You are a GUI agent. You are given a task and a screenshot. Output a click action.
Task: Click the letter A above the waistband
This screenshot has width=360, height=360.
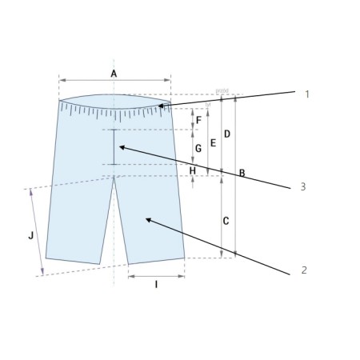click(x=114, y=73)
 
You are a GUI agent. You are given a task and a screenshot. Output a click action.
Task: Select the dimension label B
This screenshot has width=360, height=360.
click(x=242, y=173)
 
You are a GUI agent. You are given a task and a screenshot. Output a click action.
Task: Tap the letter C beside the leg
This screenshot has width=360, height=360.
click(x=226, y=220)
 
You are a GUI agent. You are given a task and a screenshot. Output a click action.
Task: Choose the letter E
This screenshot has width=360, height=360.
click(x=212, y=143)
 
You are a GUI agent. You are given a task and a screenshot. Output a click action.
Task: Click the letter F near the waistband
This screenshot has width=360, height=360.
click(x=198, y=121)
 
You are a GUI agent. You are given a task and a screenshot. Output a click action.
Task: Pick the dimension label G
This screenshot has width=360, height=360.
click(x=198, y=148)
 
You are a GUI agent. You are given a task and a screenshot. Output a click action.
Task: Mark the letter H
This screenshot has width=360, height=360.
click(x=192, y=170)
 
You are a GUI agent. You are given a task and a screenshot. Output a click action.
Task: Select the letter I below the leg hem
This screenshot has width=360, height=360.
click(x=155, y=284)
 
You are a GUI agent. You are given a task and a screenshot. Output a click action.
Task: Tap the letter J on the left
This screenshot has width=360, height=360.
click(x=30, y=235)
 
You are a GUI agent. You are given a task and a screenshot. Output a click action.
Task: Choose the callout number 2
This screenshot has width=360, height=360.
click(x=304, y=270)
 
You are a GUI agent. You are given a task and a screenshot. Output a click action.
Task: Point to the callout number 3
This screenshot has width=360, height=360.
click(x=302, y=186)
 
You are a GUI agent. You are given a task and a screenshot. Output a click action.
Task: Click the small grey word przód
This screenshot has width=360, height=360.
click(x=222, y=93)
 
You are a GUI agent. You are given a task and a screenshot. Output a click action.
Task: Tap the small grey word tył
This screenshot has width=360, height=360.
click(x=209, y=103)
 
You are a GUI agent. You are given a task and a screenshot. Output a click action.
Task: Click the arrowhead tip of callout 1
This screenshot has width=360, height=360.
click(x=158, y=105)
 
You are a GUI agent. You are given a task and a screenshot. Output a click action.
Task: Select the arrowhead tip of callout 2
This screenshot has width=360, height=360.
click(x=145, y=217)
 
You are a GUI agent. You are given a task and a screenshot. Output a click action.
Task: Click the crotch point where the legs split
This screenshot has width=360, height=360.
click(x=114, y=176)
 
